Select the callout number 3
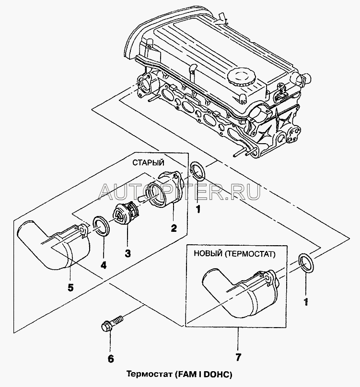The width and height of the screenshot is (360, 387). [x=128, y=252]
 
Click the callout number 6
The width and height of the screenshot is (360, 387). [x=111, y=357]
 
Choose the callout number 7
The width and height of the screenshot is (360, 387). [x=238, y=357]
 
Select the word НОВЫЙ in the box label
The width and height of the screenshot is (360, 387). [x=207, y=254]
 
